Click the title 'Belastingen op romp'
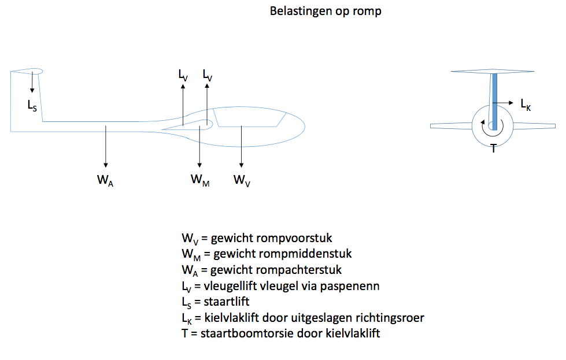325,11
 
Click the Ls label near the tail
32,105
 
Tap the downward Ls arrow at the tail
32,82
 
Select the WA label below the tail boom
105,180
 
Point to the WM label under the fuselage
200,180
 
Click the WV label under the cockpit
242,180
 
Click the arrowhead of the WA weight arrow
106,165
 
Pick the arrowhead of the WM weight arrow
199,165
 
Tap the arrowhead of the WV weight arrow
242,165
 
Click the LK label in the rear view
526,105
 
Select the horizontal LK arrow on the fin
503,103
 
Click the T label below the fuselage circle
494,148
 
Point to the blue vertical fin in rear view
494,101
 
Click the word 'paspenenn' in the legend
350,287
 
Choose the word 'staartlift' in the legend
227,302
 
